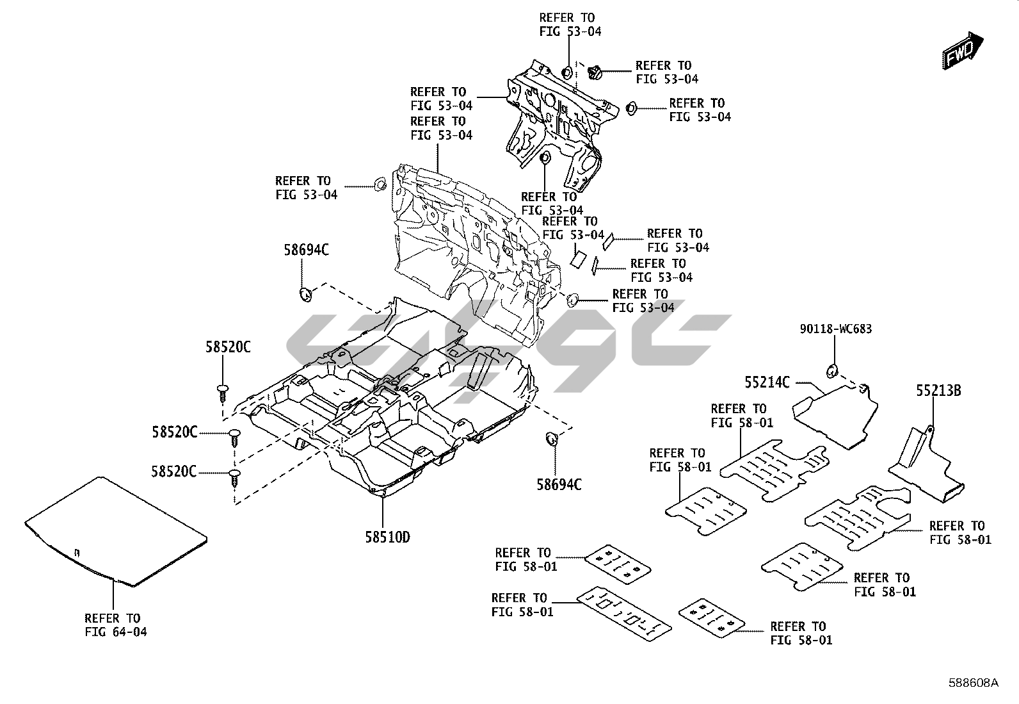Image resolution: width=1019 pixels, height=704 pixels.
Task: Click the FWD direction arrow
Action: point(966,51)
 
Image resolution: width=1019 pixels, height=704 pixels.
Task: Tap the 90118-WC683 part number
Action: point(835,329)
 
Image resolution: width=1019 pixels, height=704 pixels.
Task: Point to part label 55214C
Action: point(767,382)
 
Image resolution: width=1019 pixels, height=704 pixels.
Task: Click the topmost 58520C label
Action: point(228,348)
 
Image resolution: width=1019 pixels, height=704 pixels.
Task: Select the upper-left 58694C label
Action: point(306,250)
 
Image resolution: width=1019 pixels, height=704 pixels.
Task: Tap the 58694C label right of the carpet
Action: point(559,484)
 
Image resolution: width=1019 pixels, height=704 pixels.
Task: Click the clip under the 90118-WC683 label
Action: point(833,370)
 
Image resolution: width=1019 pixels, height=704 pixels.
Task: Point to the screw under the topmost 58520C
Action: point(223,392)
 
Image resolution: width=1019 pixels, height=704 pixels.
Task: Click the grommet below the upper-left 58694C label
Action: point(306,295)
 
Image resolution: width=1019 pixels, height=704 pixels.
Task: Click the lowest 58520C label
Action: point(173,471)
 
